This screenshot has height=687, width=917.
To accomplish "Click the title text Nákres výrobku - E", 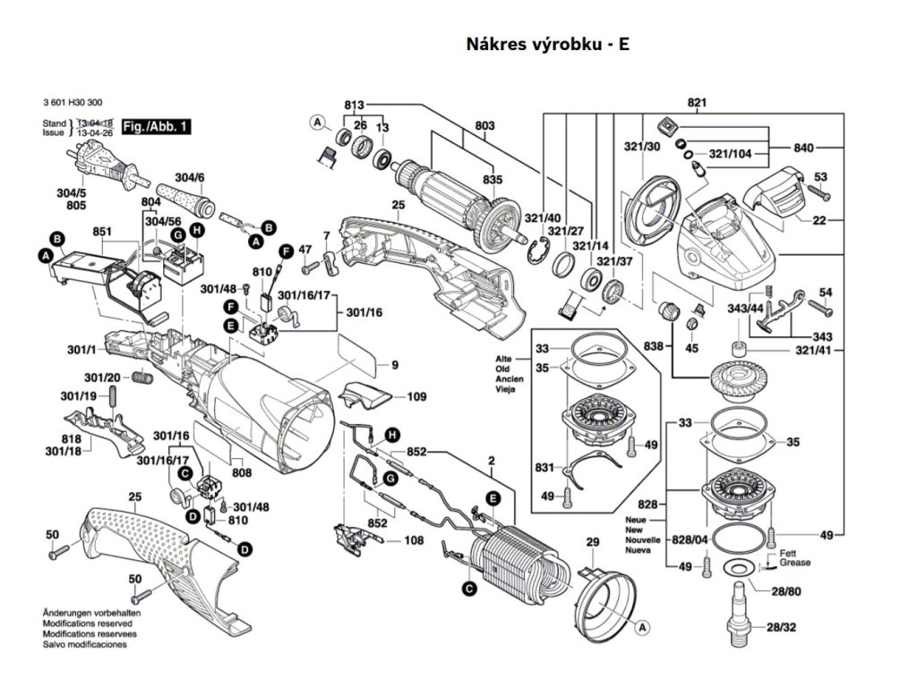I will pyautogui.click(x=547, y=44).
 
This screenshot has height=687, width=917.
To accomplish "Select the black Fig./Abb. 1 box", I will pyautogui.click(x=156, y=127).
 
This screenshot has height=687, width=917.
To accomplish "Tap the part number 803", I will pyautogui.click(x=484, y=127).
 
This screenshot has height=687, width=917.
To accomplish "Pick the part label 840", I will pyautogui.click(x=804, y=147).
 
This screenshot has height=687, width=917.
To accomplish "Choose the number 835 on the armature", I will pyautogui.click(x=492, y=180).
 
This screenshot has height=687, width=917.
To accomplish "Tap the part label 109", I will pyautogui.click(x=416, y=396).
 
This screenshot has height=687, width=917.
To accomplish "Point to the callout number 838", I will pyautogui.click(x=655, y=345).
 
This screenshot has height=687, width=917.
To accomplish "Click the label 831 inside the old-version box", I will pyautogui.click(x=544, y=466).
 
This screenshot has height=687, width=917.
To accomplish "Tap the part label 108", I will pyautogui.click(x=414, y=539).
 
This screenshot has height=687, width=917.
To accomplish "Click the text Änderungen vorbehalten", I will pyautogui.click(x=86, y=612).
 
